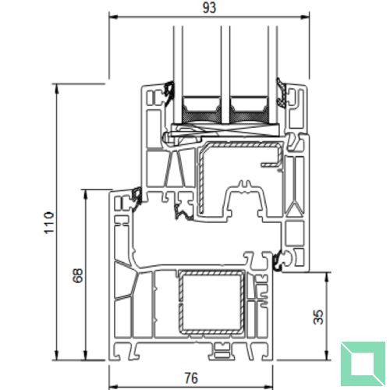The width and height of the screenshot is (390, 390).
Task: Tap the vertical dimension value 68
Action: pyautogui.click(x=76, y=277)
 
